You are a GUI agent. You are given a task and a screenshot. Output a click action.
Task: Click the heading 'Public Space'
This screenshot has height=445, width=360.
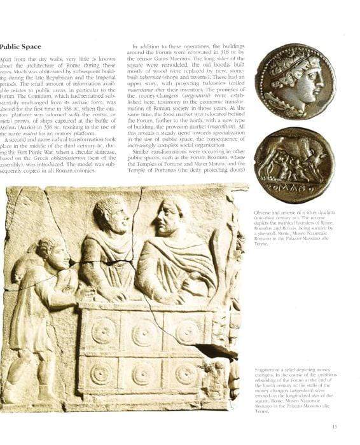20,46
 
